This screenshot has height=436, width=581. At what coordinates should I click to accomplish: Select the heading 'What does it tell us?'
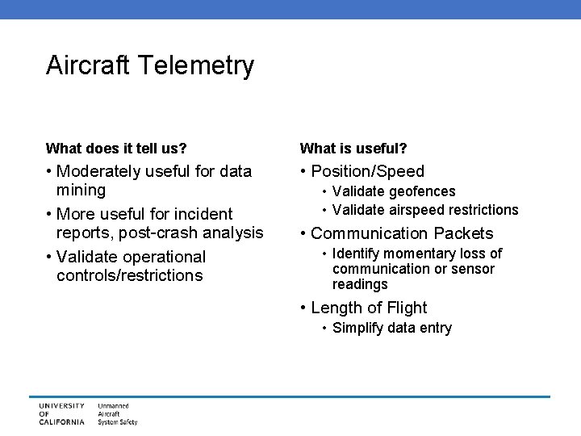coord(116,149)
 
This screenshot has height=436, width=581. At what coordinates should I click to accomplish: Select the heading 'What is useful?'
coord(353,149)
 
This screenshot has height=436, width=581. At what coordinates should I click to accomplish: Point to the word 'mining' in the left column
coord(81,191)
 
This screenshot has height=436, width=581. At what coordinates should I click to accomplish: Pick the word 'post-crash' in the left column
coord(142,233)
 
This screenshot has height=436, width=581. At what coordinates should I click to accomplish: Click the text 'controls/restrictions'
coord(130,276)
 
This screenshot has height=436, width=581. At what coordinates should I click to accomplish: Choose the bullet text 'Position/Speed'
coord(367,171)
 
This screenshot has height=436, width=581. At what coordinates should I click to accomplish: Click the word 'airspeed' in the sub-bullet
coord(417,210)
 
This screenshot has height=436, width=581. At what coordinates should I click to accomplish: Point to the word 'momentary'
coord(416,254)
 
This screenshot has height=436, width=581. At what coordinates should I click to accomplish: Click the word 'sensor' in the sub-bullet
coord(473,269)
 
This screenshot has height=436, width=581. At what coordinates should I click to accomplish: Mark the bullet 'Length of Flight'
coord(369,308)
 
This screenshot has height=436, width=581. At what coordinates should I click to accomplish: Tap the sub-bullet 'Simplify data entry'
coord(391,328)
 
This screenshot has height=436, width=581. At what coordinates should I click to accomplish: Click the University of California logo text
coord(61,413)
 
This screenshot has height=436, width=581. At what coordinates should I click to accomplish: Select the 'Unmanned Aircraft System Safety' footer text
coord(118,413)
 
